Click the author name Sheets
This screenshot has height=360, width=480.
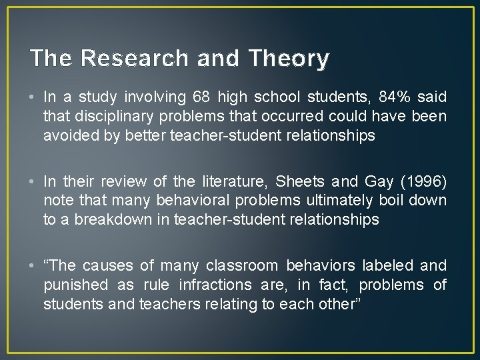point(299,181)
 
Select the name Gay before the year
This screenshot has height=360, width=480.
point(380,181)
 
